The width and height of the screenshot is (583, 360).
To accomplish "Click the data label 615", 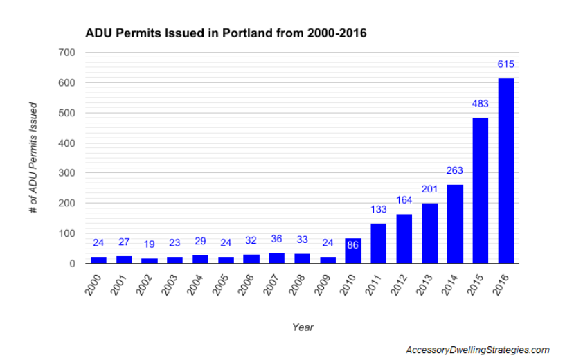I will click(505, 64).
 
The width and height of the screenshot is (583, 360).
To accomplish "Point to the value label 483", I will click(480, 105).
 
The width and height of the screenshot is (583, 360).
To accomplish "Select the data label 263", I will click(455, 171).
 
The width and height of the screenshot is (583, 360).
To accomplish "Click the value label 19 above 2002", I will click(149, 244).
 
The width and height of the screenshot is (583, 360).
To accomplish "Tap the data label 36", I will click(276, 239).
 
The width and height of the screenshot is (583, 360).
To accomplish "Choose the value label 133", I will click(378, 210).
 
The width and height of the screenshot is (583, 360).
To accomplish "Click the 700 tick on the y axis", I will click(66, 53).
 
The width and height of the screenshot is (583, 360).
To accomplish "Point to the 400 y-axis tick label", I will click(66, 143).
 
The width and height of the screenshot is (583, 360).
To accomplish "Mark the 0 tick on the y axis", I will click(71, 264).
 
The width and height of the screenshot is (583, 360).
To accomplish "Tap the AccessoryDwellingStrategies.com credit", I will click(477, 350).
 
